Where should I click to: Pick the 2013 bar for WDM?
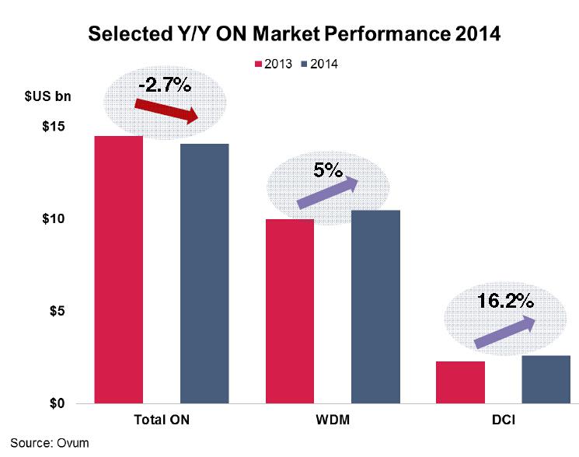290,311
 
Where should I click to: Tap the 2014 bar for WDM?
375,307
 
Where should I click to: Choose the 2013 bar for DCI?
461,382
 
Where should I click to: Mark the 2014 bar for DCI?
546,379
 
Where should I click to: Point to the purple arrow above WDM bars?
327,194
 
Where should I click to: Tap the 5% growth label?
328,169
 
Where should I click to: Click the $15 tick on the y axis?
74,127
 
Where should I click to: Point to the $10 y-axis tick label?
74,219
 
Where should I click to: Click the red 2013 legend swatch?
258,64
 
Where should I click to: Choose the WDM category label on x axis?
333,421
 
